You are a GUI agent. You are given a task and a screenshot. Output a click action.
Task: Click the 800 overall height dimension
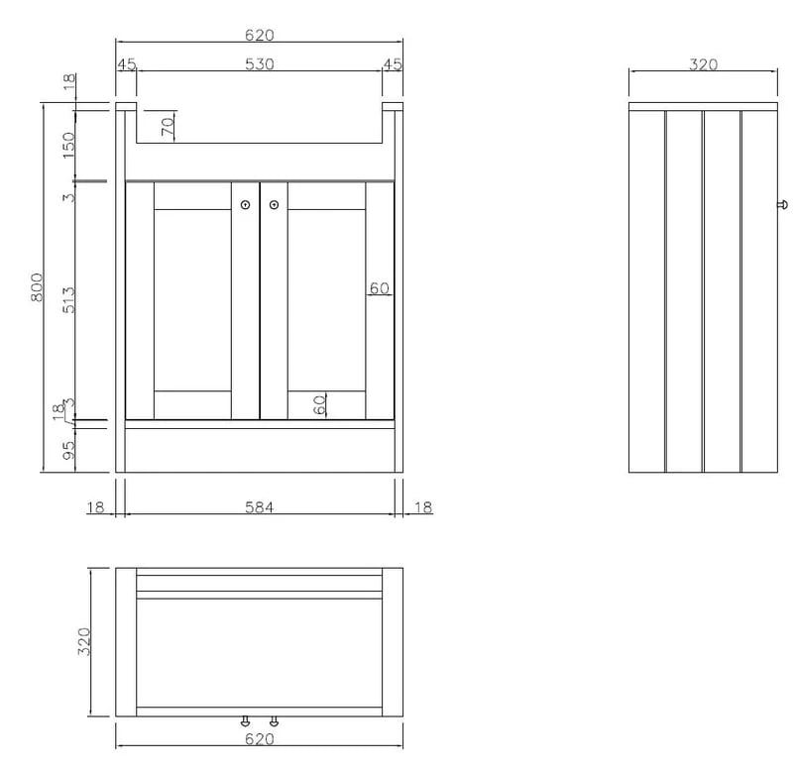(x=37, y=287)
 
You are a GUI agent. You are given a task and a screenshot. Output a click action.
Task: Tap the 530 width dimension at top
(x=260, y=64)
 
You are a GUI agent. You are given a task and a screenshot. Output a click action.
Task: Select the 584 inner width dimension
(x=260, y=507)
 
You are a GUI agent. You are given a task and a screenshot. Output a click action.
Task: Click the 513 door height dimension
(x=68, y=300)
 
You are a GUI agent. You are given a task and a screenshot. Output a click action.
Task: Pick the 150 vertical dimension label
(x=68, y=145)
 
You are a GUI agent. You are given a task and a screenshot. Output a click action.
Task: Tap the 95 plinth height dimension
(x=68, y=451)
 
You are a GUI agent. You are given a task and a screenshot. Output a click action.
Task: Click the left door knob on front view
(x=246, y=205)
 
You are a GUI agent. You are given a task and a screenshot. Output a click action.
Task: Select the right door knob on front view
(x=274, y=205)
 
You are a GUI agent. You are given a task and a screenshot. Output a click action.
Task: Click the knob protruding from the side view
(x=783, y=205)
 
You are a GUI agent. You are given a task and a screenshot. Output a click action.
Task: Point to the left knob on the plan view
(x=246, y=720)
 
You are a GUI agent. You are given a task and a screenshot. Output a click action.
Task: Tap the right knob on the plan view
(x=274, y=720)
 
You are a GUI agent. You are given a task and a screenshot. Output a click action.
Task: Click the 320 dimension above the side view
(x=704, y=64)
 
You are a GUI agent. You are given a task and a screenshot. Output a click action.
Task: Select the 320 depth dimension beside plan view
(x=84, y=641)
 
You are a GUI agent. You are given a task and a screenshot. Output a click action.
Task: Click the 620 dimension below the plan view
(x=260, y=738)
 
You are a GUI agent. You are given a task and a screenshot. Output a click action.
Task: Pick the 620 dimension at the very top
(x=260, y=35)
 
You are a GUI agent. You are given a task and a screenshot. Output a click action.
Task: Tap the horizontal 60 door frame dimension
(x=380, y=288)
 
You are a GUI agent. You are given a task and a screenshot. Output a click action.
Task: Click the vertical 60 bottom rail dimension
(x=320, y=405)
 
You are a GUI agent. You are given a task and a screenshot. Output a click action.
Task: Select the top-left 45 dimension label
(x=127, y=64)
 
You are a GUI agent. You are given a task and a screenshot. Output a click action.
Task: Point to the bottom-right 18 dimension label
(x=423, y=507)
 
